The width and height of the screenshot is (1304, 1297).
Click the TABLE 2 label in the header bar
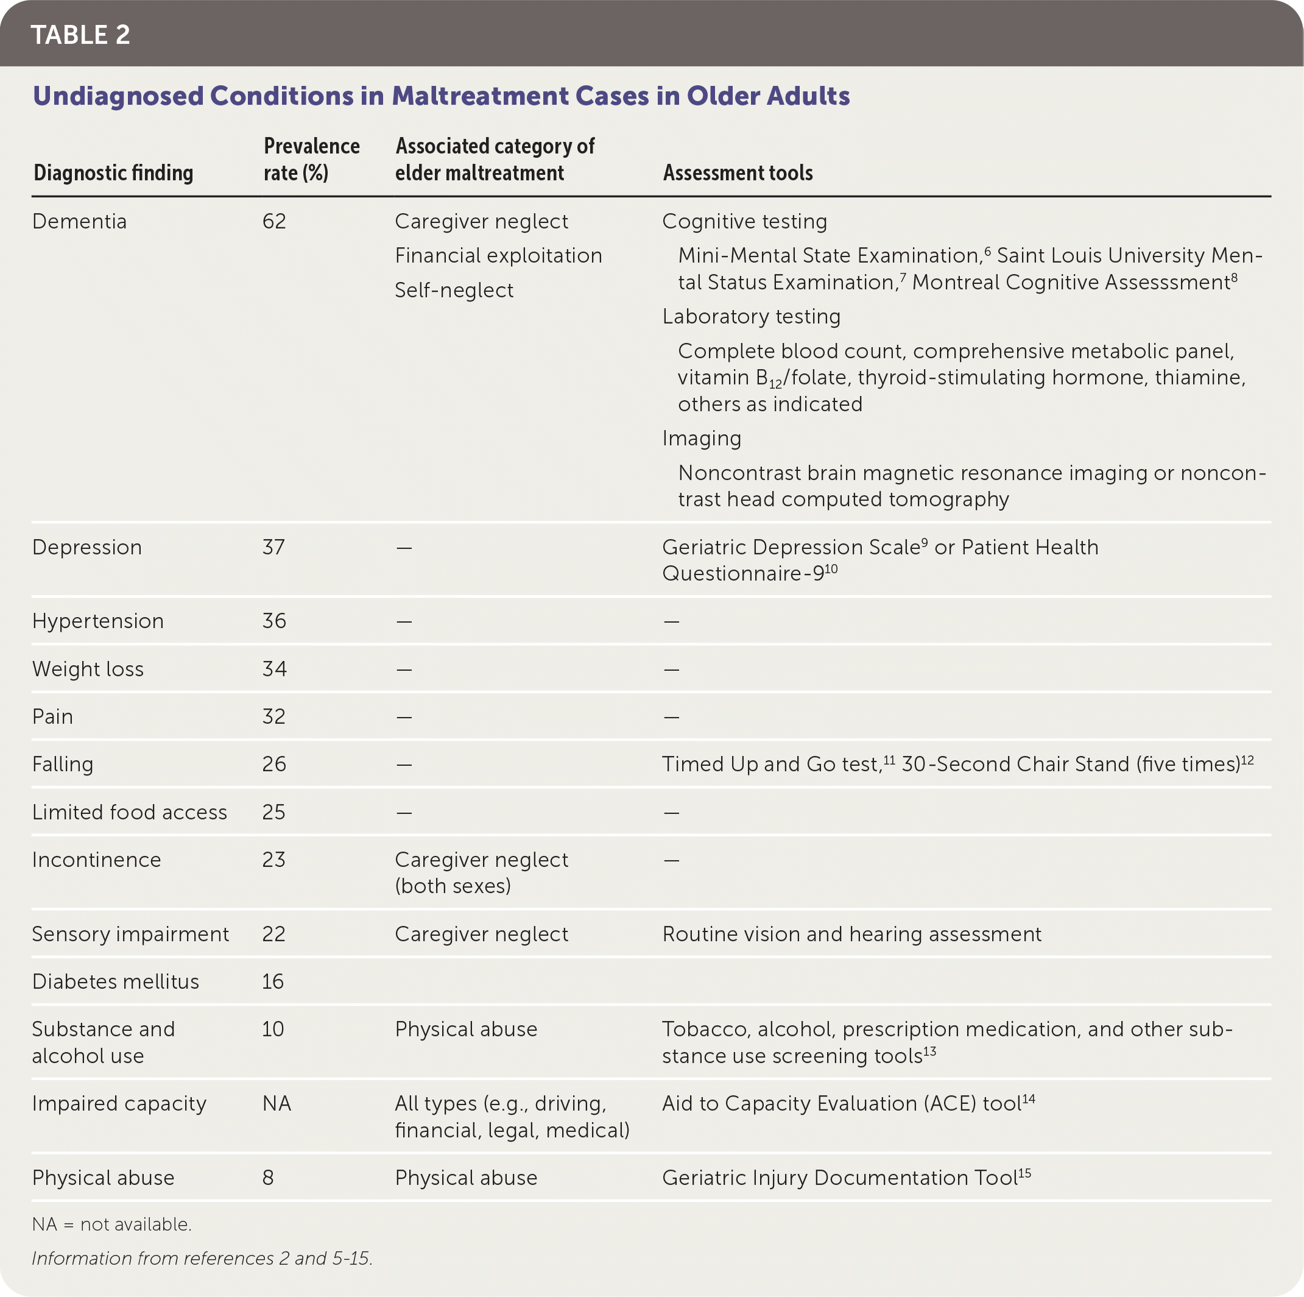point(80,35)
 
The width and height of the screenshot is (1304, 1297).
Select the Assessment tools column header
point(738,173)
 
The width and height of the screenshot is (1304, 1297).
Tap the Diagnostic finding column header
point(113,173)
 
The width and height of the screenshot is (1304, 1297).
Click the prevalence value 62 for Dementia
point(274,222)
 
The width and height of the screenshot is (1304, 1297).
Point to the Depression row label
point(87,547)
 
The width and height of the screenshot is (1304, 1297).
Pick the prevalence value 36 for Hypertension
point(274,621)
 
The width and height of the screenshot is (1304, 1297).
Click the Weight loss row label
point(88,668)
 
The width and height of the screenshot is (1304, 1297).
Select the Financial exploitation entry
point(498,255)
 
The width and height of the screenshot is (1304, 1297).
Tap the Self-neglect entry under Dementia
point(454,289)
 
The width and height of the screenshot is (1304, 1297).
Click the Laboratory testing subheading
point(751,316)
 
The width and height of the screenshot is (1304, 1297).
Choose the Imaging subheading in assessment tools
point(701,438)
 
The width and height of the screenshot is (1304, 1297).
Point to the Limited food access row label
point(130,811)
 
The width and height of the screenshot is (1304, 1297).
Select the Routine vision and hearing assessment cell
point(852,934)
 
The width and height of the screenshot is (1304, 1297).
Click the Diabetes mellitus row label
point(115,981)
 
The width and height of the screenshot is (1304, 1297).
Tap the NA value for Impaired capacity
point(277,1103)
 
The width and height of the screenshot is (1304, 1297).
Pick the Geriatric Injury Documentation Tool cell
point(846,1178)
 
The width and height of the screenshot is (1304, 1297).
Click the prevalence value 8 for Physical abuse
point(268,1178)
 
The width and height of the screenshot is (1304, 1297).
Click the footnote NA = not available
point(112,1224)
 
